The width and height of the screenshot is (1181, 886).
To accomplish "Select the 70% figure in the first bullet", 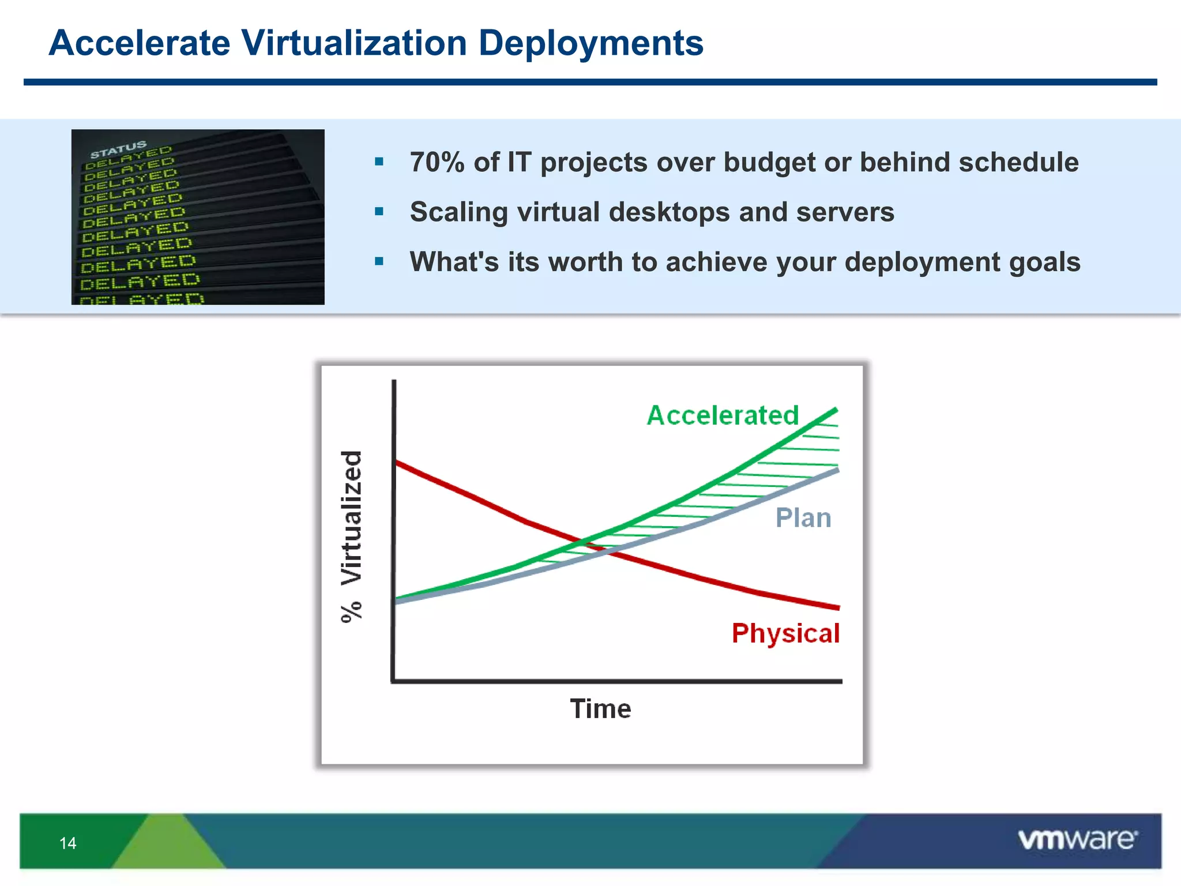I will coord(437,162).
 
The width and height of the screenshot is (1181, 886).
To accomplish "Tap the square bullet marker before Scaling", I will coord(379,212).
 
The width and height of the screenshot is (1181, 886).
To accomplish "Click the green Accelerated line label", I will coord(723,415).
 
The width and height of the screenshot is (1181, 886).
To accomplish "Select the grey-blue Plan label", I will coord(803,518).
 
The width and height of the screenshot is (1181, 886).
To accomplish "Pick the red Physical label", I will coord(785,633).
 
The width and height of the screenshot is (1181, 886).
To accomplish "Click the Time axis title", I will coord(600,709).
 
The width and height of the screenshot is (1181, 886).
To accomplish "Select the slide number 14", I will coord(67,843).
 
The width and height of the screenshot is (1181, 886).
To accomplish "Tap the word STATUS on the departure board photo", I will coord(118,149).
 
